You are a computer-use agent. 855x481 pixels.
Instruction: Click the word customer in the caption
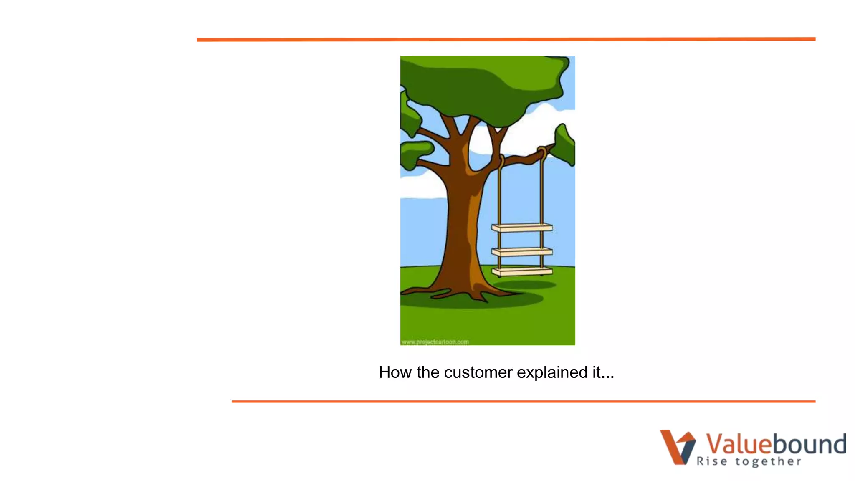[x=478, y=372]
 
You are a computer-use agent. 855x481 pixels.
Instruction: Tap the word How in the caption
[x=395, y=372]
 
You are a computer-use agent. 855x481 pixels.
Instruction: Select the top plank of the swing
[x=522, y=228]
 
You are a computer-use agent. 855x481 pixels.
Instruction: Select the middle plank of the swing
[x=522, y=252]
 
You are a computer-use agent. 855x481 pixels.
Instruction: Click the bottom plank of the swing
[x=522, y=272]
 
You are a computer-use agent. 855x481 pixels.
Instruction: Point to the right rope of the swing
[x=542, y=192]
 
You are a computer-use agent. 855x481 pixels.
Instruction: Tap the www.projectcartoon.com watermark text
[x=435, y=342]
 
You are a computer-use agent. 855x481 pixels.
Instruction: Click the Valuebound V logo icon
[x=677, y=447]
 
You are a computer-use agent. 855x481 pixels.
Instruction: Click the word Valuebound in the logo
[x=776, y=443]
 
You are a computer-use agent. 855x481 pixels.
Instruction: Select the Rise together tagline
[x=749, y=461]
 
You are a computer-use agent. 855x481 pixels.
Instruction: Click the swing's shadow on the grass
[x=524, y=285]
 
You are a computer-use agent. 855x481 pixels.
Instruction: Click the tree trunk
[x=459, y=225]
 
